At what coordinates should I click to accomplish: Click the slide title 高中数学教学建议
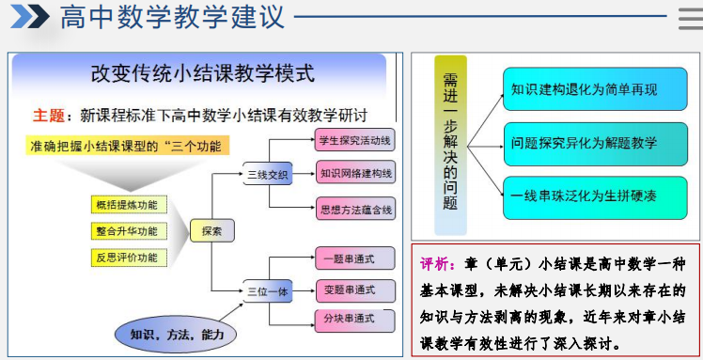tap(172, 19)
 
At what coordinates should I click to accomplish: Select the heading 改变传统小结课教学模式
tap(202, 73)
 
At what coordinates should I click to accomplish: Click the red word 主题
tap(48, 116)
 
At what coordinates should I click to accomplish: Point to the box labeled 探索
tap(211, 230)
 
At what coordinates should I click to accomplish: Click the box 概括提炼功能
tap(126, 204)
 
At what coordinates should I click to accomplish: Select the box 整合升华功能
tap(126, 230)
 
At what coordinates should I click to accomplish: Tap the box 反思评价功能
tap(126, 257)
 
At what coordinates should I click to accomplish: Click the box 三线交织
tap(268, 174)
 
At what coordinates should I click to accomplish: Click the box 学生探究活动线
tap(355, 142)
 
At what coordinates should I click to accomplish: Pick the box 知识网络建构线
tap(355, 174)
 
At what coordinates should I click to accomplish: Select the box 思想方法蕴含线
tap(355, 209)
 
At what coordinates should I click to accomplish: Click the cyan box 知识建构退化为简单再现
tap(585, 90)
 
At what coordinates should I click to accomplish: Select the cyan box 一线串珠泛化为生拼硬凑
tap(585, 197)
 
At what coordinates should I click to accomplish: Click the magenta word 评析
tap(437, 264)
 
